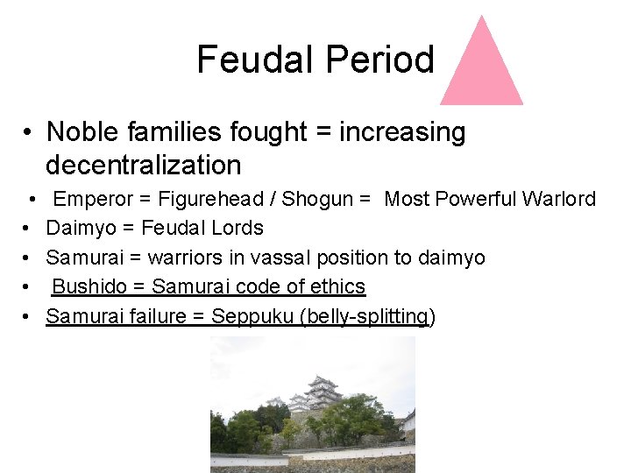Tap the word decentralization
[x=143, y=165]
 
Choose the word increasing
[x=403, y=132]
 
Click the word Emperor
[x=92, y=199]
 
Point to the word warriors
[x=186, y=258]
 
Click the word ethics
[x=339, y=286]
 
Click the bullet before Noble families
[x=29, y=133]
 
